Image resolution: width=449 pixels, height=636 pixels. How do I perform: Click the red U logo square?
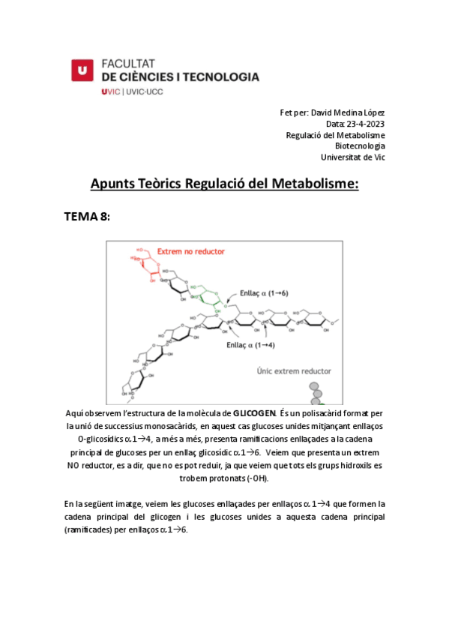(x=82, y=70)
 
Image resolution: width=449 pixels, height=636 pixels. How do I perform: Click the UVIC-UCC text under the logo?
(x=144, y=91)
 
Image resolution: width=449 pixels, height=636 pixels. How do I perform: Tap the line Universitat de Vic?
(x=352, y=157)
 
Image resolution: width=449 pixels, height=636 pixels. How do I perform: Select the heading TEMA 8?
(x=87, y=217)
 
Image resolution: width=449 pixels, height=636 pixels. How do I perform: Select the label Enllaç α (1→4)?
(x=251, y=345)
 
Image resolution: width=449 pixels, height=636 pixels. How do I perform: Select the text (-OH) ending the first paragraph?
(x=254, y=478)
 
